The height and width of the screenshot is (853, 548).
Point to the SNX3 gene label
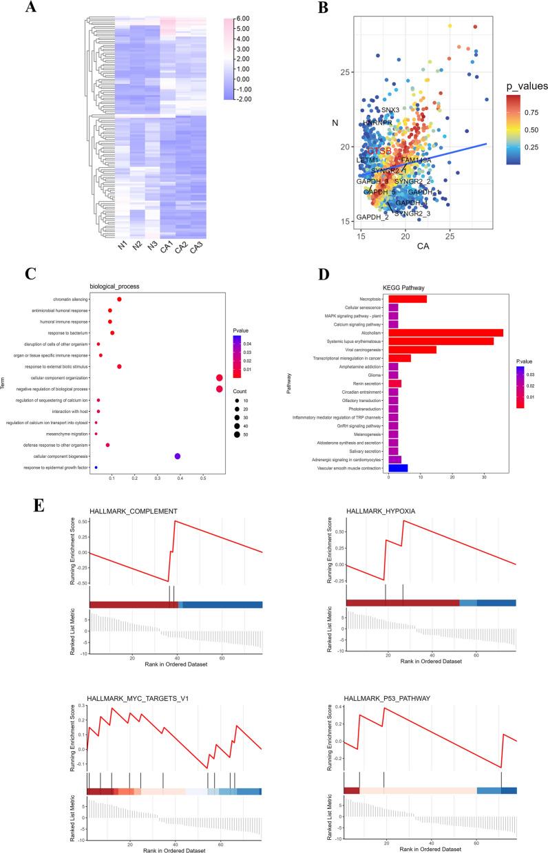[390, 110]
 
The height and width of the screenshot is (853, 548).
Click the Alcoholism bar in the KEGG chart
[445, 333]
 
